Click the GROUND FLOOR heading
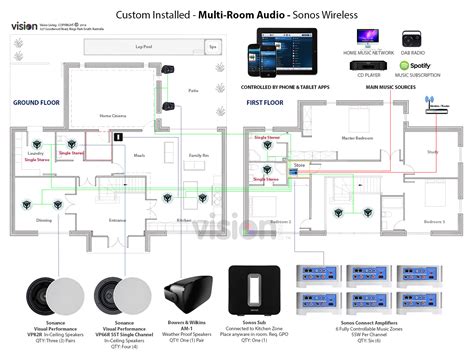(x=40, y=102)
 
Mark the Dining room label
(x=43, y=220)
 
